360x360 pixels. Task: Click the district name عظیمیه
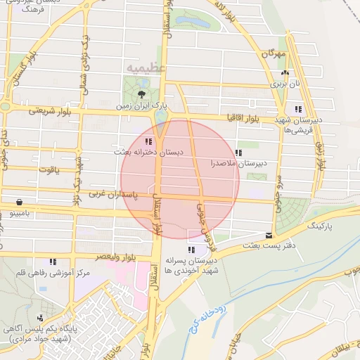(x=146, y=67)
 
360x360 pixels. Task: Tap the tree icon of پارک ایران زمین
(x=143, y=93)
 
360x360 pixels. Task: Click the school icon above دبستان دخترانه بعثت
(x=148, y=141)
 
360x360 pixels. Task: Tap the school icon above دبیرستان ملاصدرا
(x=238, y=152)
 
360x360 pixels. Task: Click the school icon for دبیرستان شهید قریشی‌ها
(x=298, y=109)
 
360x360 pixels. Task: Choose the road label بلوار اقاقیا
(x=244, y=120)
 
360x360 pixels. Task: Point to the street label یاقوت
(x=51, y=169)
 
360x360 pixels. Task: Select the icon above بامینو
(x=17, y=200)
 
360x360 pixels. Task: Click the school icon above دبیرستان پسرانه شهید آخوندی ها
(x=191, y=250)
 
